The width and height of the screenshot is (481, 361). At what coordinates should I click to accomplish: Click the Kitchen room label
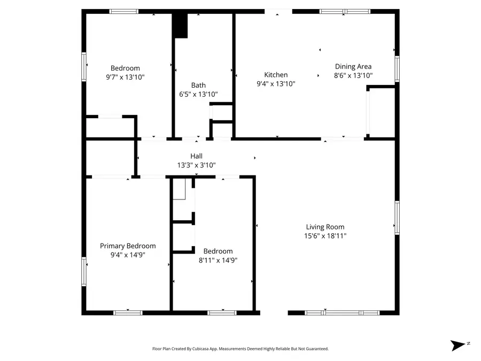coord(276,75)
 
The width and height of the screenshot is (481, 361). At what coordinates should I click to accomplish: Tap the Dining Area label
coord(353,67)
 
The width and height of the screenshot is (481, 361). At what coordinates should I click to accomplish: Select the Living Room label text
coord(325,227)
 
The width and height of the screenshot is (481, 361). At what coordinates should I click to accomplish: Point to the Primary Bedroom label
coord(128,246)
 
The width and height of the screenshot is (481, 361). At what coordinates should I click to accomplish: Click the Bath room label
coord(198,85)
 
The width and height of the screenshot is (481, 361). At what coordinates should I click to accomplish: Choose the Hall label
coord(196,156)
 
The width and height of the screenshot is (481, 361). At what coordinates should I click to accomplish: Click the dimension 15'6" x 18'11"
coord(325,236)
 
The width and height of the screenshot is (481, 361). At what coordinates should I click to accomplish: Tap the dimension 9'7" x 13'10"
coord(125,77)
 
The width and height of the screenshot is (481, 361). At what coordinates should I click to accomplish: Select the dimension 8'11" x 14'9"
coord(218,260)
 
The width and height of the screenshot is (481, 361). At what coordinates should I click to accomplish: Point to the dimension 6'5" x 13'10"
coord(198,94)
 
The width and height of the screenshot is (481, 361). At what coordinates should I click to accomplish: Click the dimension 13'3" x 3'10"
coord(196,165)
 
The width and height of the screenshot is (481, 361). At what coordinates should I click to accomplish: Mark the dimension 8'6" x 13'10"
coord(353,76)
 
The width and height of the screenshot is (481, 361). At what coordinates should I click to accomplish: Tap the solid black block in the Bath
coord(181,26)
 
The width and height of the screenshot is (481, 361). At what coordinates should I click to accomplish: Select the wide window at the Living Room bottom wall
coord(342,312)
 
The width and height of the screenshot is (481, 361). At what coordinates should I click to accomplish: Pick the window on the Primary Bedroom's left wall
coord(84,271)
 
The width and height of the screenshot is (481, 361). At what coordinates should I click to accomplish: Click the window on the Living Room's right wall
coord(397,218)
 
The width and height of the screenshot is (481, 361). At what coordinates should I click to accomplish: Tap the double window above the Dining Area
coord(345,11)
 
